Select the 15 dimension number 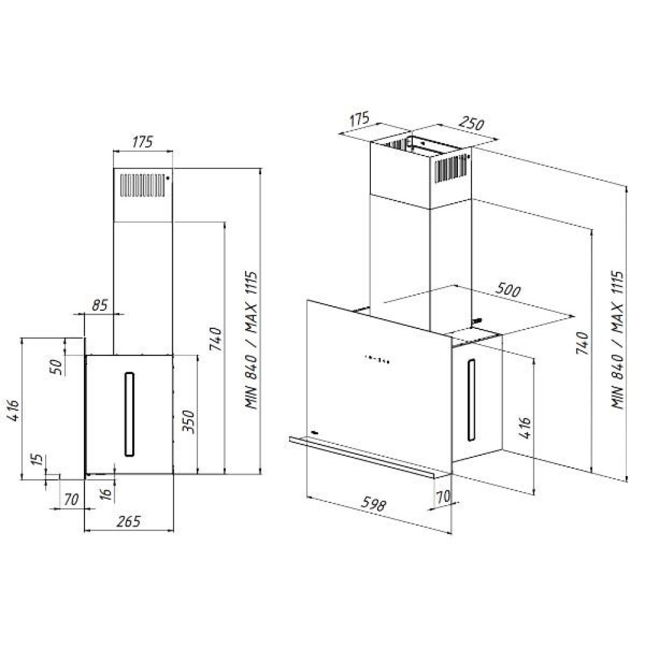tap(37, 462)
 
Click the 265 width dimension tap(129, 521)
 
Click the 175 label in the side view tap(143, 143)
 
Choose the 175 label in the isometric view tap(359, 119)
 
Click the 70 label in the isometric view tap(442, 497)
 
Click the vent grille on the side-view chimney tap(142, 184)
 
